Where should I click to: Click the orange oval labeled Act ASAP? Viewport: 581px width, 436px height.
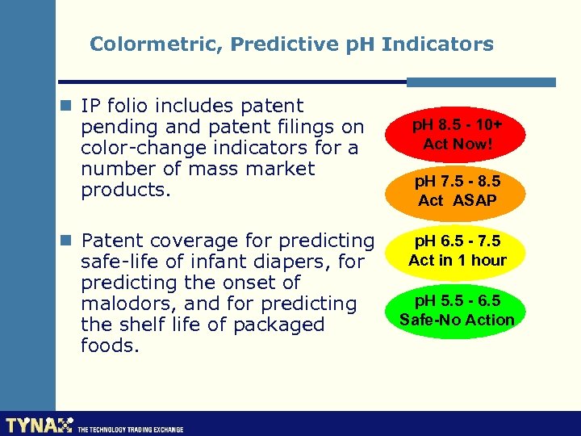point(458,191)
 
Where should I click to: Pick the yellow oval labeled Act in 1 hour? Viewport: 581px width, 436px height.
point(458,250)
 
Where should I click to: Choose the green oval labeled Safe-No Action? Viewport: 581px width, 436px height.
point(458,310)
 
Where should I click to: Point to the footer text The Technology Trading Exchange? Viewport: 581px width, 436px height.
point(130,429)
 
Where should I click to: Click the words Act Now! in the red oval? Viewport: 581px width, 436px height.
point(458,145)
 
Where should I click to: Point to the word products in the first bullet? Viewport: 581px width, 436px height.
point(122,190)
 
